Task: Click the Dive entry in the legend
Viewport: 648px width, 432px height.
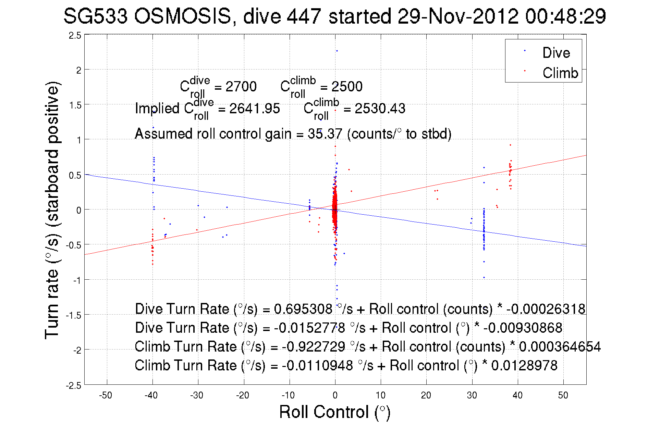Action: pyautogui.click(x=556, y=53)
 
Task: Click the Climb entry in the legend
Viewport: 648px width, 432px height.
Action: pyautogui.click(x=560, y=73)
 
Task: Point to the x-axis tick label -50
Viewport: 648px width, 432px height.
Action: pyautogui.click(x=106, y=395)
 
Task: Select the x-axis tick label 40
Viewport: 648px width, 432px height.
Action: pyautogui.click(x=517, y=395)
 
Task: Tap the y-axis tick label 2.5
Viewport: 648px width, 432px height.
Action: pyautogui.click(x=75, y=36)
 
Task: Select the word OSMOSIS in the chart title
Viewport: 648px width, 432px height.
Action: pyautogui.click(x=183, y=16)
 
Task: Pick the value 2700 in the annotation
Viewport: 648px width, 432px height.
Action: pyautogui.click(x=241, y=87)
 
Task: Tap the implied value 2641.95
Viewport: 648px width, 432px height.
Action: pyautogui.click(x=255, y=109)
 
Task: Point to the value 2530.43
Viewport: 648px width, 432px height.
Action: pyautogui.click(x=380, y=109)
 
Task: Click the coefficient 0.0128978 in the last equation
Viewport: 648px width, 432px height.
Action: pyautogui.click(x=524, y=366)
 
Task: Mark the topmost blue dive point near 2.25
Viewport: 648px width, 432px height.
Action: pyautogui.click(x=337, y=51)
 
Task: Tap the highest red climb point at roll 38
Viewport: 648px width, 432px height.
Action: pyautogui.click(x=510, y=145)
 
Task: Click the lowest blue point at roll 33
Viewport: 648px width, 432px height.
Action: pyautogui.click(x=484, y=278)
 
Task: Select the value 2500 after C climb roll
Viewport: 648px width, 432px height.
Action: pyautogui.click(x=347, y=87)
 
